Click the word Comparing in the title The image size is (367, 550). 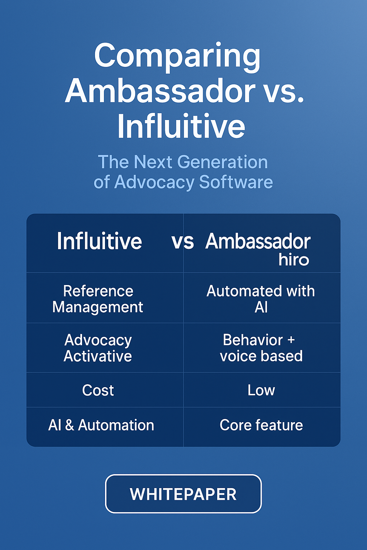[177, 56]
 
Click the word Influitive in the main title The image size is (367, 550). [181, 126]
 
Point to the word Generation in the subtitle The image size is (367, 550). [222, 162]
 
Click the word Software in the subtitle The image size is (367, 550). [236, 182]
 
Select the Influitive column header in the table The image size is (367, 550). [99, 241]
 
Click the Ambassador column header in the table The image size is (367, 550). [258, 241]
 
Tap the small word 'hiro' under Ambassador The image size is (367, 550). [294, 260]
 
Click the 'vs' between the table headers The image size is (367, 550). [182, 241]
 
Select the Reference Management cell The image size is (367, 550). [98, 299]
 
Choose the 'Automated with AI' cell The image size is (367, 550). [261, 299]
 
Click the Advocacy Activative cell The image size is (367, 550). [98, 348]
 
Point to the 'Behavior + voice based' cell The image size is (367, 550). [261, 348]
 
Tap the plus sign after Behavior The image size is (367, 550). [291, 340]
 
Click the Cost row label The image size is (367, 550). [98, 390]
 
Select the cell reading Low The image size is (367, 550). [261, 390]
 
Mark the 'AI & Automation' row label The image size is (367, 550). [101, 425]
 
